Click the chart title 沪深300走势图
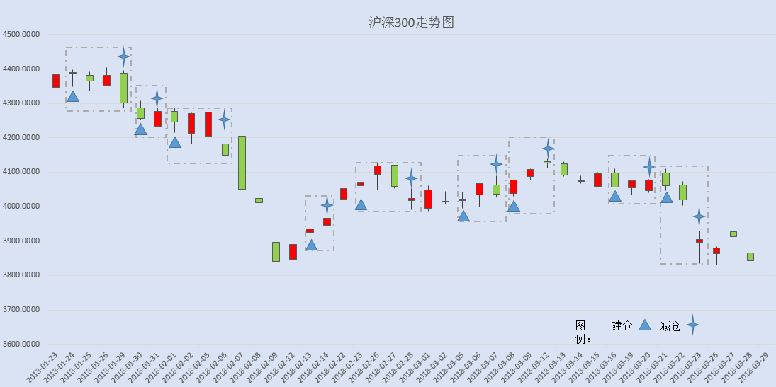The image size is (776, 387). [x=411, y=22]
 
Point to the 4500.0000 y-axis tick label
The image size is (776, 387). [x=21, y=34]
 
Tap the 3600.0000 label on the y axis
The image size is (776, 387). [x=21, y=345]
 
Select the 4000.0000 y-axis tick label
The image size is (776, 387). [x=21, y=207]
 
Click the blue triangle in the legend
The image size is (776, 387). [x=644, y=325]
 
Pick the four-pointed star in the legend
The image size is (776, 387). [x=692, y=325]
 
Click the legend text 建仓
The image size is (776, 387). [x=622, y=325]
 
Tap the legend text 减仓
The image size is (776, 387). [x=670, y=325]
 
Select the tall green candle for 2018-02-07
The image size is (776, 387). [x=242, y=163]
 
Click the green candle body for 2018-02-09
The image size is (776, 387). [x=276, y=252]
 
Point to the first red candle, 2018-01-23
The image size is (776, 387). [x=56, y=81]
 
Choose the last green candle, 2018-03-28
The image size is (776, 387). [x=750, y=257]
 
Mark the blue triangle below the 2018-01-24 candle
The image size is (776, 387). [x=73, y=96]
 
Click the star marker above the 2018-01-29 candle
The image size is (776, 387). [x=124, y=57]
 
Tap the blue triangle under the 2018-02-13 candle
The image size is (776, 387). [x=311, y=246]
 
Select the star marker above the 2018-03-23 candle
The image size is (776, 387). [x=699, y=216]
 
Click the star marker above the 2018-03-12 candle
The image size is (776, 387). [x=547, y=149]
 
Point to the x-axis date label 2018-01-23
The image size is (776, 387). [x=43, y=366]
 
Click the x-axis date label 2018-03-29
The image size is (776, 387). [x=753, y=366]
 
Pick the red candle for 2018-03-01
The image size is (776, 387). [x=428, y=200]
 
